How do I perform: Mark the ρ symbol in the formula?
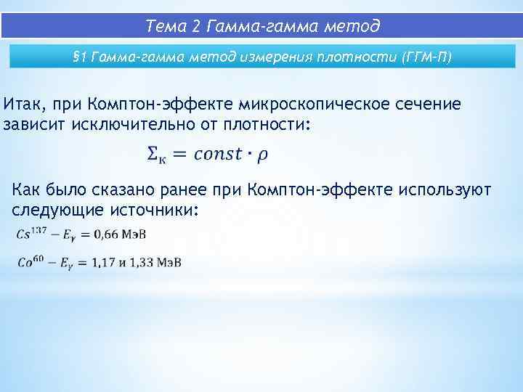[262, 155]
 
